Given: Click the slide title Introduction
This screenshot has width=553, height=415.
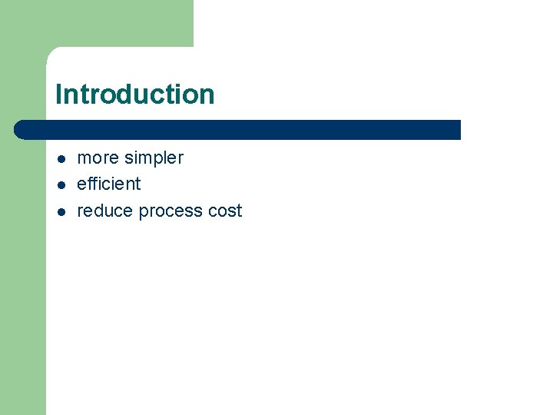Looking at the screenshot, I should (x=134, y=95).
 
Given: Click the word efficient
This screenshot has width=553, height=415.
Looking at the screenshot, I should (x=109, y=184).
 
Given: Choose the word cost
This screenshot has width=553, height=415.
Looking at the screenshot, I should (x=225, y=211).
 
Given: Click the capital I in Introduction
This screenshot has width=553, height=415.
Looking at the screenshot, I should (x=58, y=95).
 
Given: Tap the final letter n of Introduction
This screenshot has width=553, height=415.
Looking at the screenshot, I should (x=207, y=95).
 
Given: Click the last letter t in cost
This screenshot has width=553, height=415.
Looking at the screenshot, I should (x=239, y=211).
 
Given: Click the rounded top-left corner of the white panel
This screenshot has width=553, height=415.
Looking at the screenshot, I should (x=52, y=52).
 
